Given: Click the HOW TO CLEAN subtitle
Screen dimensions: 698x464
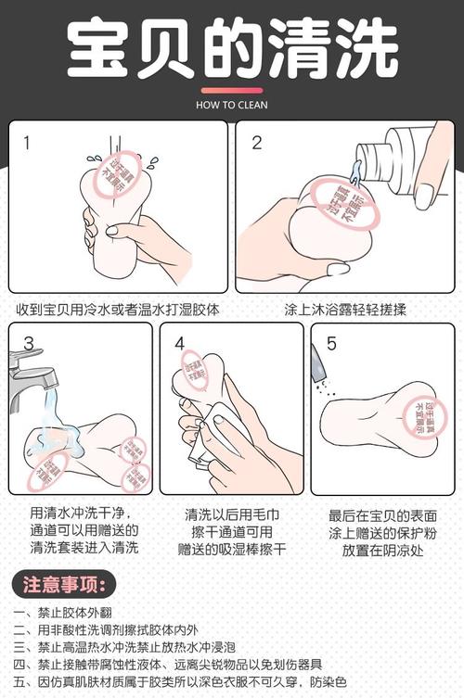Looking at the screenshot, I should [x=231, y=105].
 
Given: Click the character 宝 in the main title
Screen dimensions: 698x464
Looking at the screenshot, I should [x=100, y=52].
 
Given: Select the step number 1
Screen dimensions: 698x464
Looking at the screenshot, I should [x=27, y=143].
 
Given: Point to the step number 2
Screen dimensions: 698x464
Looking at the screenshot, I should [x=257, y=143].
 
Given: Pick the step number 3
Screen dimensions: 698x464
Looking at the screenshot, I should [x=29, y=344].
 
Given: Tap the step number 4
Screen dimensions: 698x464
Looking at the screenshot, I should [x=180, y=344].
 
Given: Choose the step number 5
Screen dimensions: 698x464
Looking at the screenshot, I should [x=331, y=344].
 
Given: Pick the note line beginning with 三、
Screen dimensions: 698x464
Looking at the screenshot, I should [x=159, y=647].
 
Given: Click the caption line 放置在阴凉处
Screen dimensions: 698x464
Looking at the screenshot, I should [x=382, y=550].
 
